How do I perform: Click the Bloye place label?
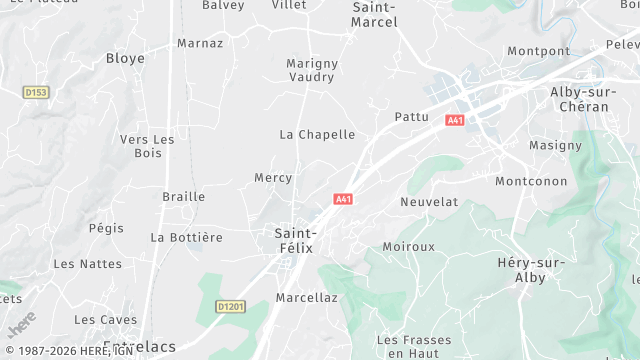125,59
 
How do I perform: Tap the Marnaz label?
199,43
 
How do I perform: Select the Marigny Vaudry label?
312,70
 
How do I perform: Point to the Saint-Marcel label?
375,14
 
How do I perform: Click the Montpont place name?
538,51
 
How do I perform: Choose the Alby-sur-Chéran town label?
580,99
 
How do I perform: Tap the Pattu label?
412,117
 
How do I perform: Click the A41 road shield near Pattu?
455,120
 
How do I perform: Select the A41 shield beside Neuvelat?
343,199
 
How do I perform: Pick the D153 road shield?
36,92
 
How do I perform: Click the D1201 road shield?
230,307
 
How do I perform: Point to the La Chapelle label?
317,134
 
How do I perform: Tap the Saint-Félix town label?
296,240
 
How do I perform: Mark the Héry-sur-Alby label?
530,270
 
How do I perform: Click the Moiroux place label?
409,246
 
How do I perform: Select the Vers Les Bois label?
147,146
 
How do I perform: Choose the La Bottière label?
186,237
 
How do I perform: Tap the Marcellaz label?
307,297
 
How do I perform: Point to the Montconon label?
531,182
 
